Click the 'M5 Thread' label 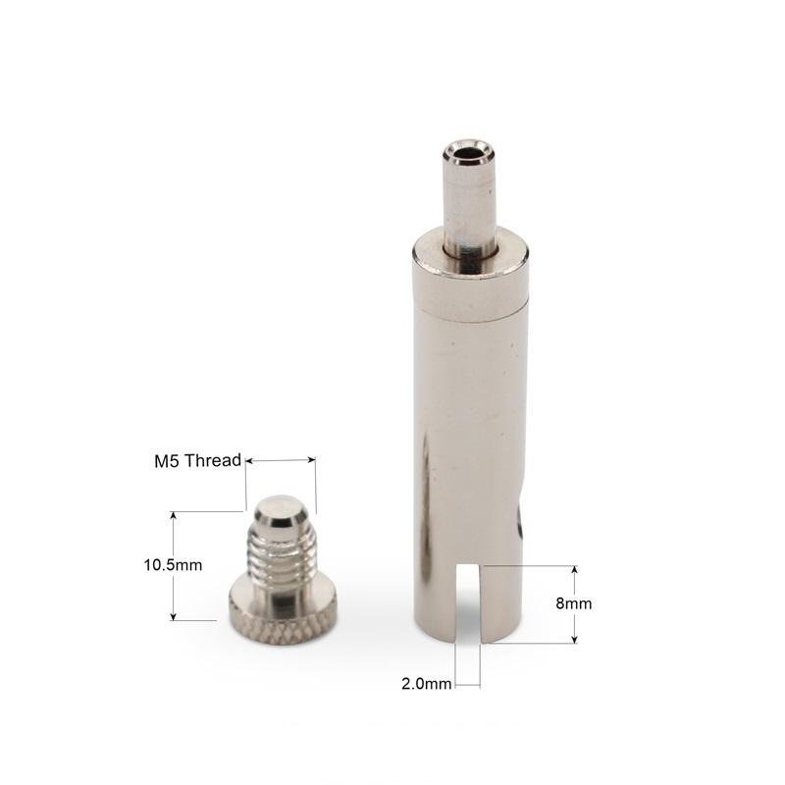[198, 460]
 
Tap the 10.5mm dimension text [174, 565]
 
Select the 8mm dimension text [574, 603]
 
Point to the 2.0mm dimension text [427, 683]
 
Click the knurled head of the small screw [283, 617]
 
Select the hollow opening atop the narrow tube [468, 152]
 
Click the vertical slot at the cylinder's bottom [469, 603]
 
